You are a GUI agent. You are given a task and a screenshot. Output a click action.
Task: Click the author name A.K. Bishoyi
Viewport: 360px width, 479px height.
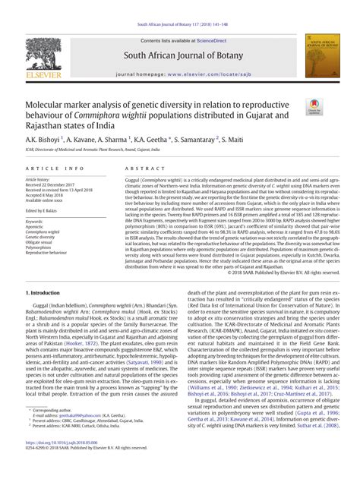tap(45, 140)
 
